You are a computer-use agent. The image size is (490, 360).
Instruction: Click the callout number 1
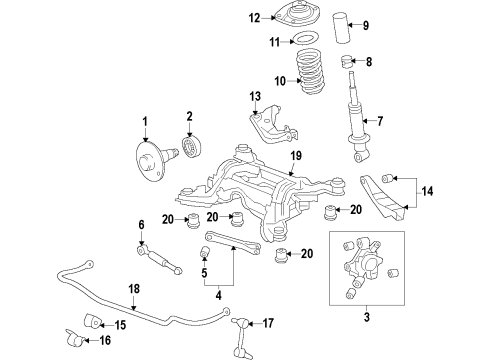click(144, 120)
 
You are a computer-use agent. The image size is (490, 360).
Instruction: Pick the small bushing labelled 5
click(141, 224)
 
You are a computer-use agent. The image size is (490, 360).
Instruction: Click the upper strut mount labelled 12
click(254, 95)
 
